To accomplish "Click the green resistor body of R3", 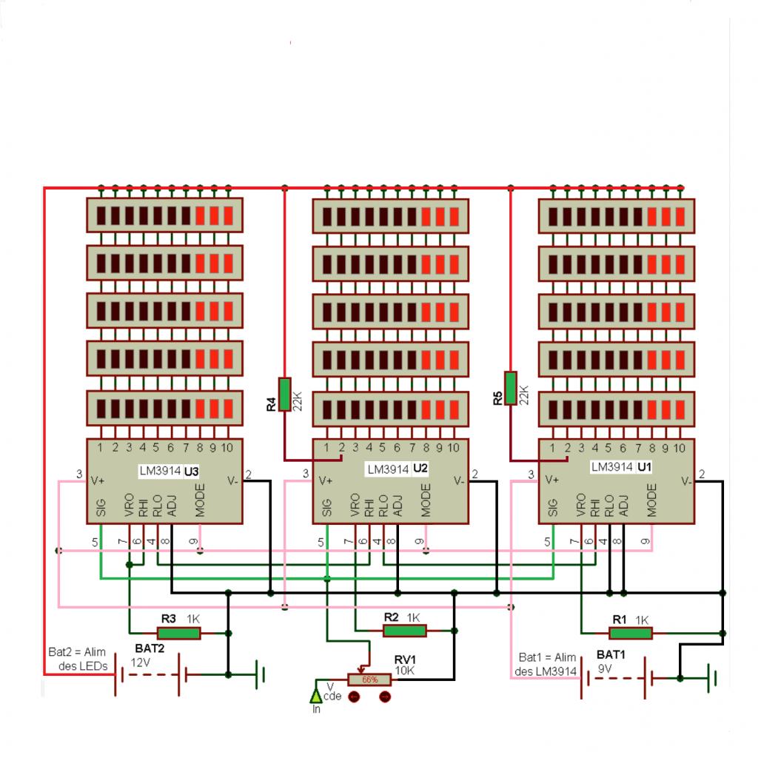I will (178, 633).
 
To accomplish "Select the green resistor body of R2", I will (404, 630).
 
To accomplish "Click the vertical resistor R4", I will (285, 393).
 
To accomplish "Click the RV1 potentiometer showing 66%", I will (369, 680).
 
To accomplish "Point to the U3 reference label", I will (192, 470).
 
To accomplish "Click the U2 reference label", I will (420, 469).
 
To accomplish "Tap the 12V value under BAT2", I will (141, 663).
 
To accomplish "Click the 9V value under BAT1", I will (605, 668).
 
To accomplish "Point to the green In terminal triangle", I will (316, 695).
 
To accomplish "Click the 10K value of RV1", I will (405, 671).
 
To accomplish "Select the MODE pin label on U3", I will (199, 500).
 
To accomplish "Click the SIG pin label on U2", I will (326, 506).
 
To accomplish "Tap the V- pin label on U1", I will (688, 480).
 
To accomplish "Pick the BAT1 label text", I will (611, 654).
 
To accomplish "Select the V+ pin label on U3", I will (98, 480).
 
